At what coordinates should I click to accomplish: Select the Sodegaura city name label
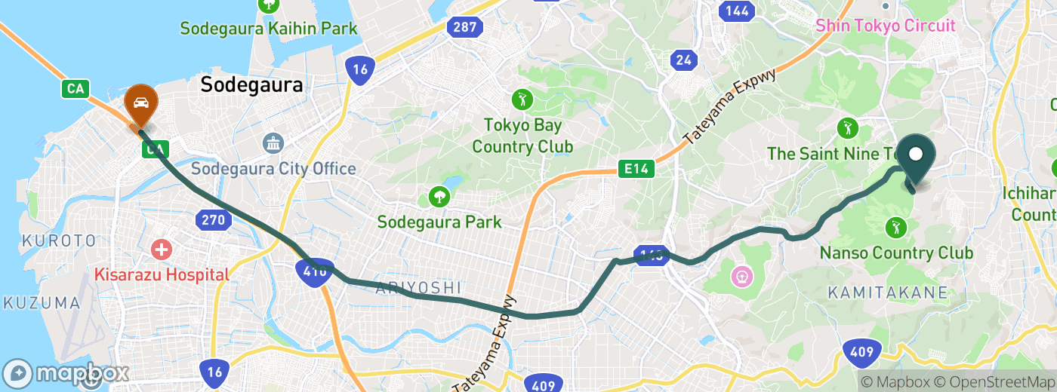251,85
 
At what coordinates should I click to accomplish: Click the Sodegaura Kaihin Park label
268,29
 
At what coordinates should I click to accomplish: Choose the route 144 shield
737,11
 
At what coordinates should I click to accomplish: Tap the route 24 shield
685,60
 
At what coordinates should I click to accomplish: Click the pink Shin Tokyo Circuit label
885,26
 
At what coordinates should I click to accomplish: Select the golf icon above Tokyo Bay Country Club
522,99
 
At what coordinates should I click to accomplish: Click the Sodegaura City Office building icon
273,142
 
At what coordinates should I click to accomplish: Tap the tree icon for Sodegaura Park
439,198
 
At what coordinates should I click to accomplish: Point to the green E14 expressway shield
635,170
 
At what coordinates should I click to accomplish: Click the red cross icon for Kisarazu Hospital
161,249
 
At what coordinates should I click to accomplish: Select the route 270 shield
212,220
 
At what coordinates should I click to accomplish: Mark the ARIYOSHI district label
418,287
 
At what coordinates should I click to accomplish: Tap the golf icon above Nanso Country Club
895,226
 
